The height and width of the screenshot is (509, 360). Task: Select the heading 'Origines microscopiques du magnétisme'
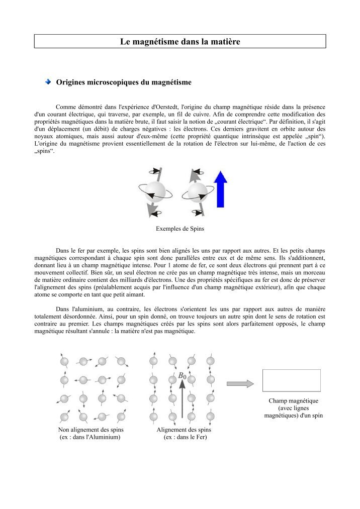point(123,82)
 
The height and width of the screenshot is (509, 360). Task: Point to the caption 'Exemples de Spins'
point(179,229)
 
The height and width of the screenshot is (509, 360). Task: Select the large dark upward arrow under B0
point(182,399)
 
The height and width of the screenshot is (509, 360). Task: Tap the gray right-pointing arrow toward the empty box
point(240,383)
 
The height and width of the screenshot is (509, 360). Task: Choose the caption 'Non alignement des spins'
point(91,430)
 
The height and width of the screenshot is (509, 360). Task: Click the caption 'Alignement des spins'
point(184,430)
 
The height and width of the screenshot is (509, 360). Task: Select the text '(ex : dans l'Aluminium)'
point(90,438)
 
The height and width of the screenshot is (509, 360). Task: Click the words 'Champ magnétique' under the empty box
point(293,401)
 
